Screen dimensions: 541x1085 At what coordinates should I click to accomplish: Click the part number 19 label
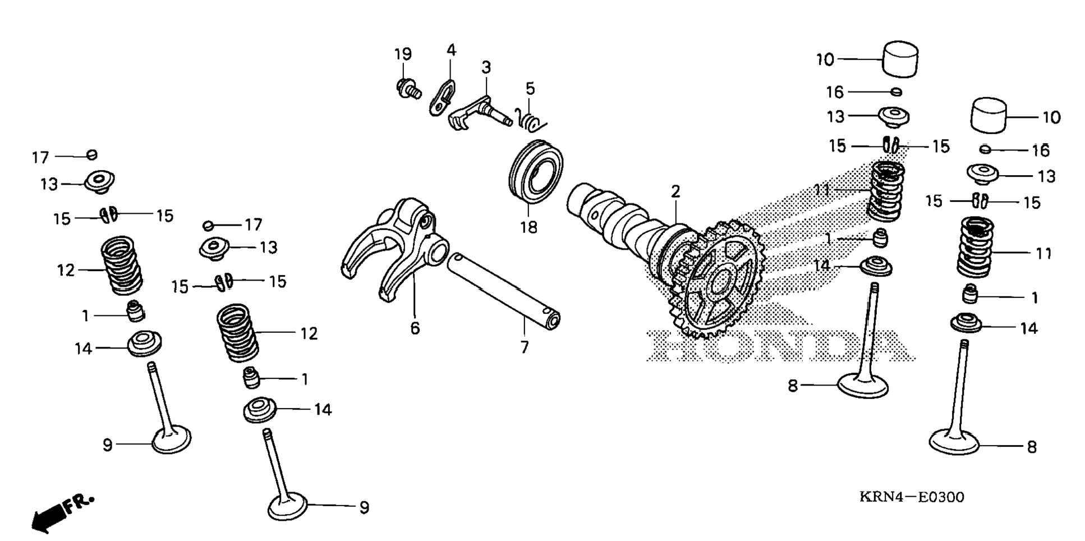403,54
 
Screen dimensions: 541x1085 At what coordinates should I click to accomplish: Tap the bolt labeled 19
408,90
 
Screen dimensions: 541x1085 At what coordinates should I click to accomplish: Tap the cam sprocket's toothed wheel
716,281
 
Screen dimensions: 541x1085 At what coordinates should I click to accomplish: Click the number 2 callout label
675,191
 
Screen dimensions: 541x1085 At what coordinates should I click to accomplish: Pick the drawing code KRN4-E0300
912,497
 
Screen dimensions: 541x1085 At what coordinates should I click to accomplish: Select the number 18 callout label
528,227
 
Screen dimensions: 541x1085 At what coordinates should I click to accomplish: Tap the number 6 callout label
415,328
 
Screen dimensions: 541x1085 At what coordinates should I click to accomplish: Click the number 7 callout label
525,347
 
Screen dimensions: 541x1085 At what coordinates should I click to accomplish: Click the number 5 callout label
530,89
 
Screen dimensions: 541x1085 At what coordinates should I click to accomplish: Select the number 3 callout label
486,67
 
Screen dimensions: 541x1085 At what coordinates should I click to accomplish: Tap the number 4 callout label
451,50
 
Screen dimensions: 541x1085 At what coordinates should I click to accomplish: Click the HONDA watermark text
780,345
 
